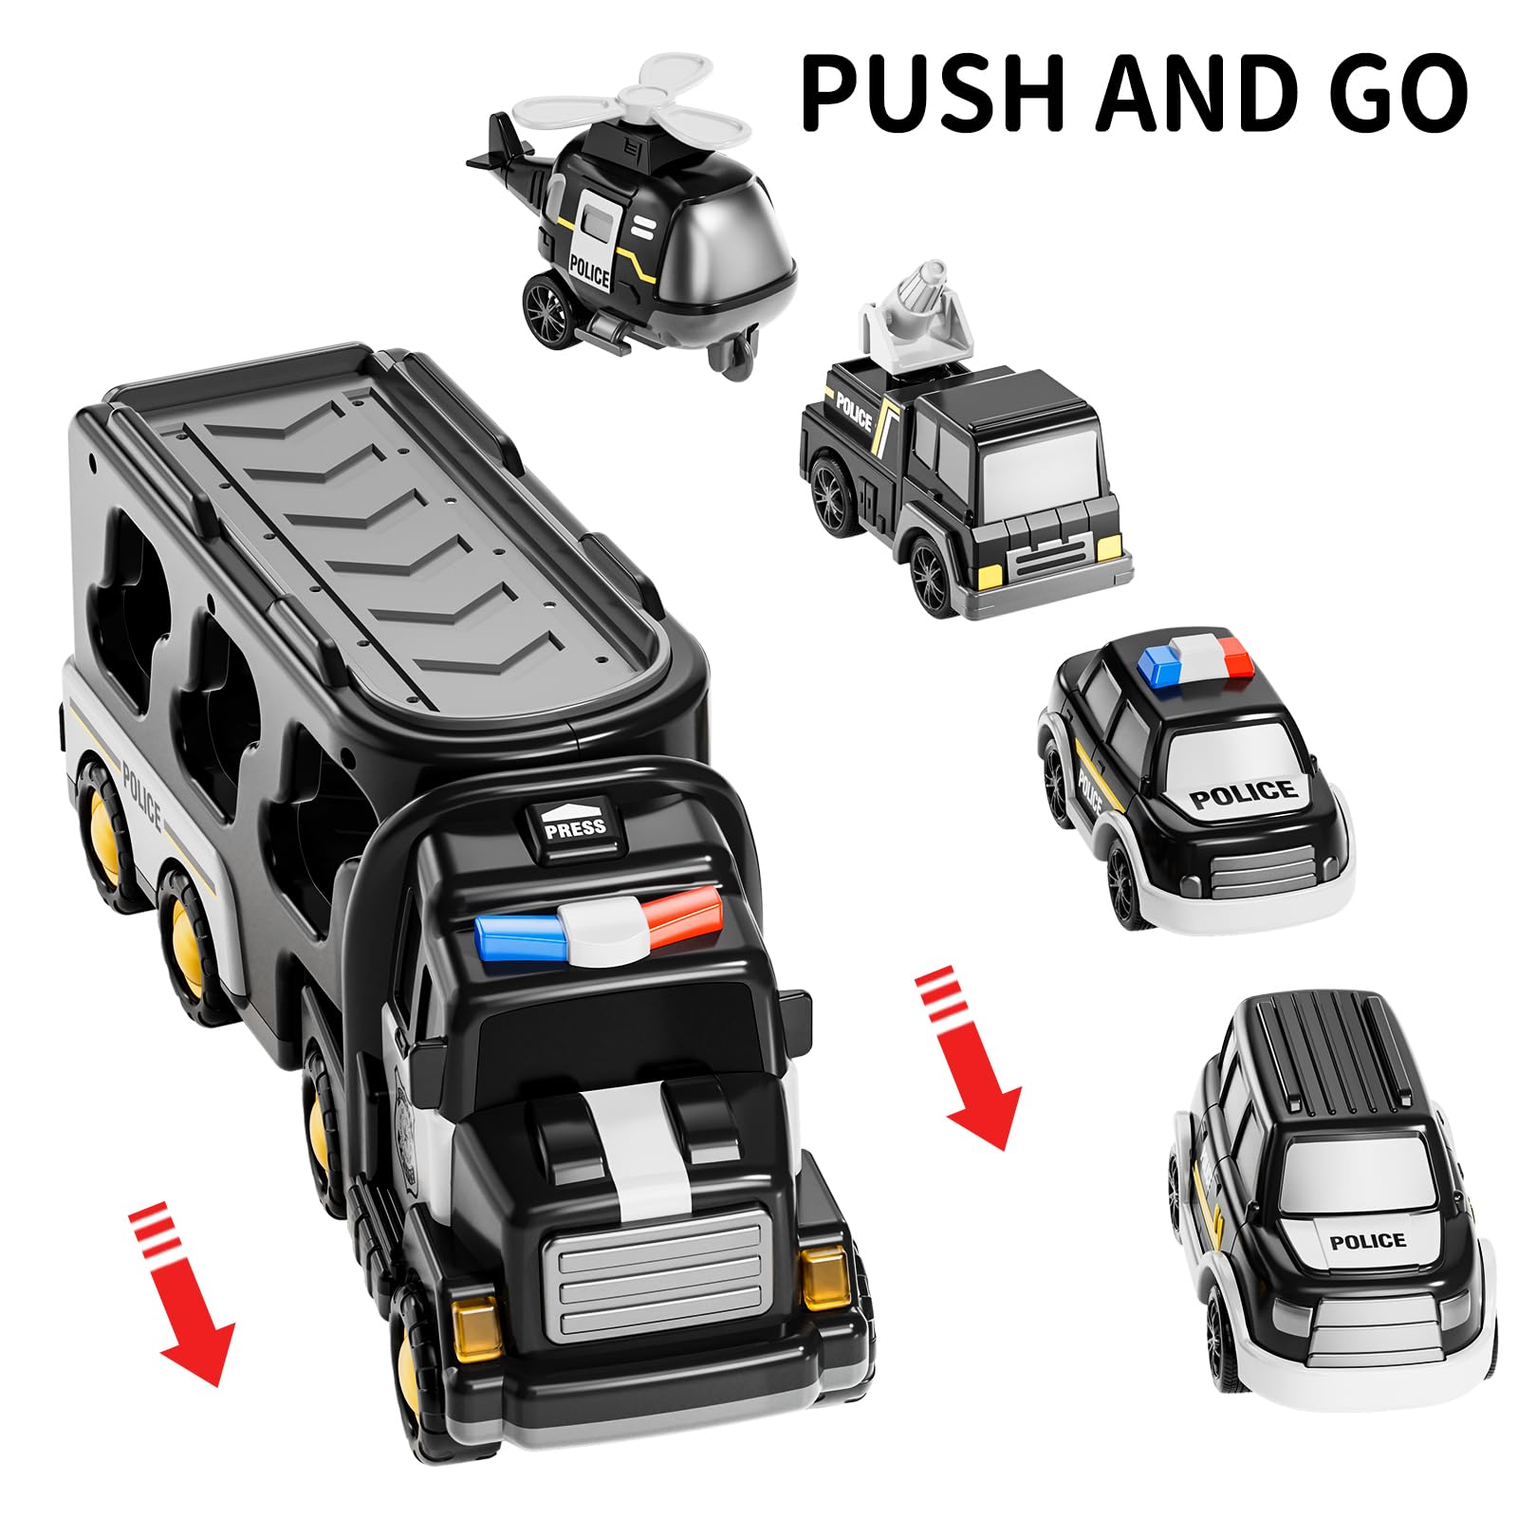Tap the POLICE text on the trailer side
point(142,795)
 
